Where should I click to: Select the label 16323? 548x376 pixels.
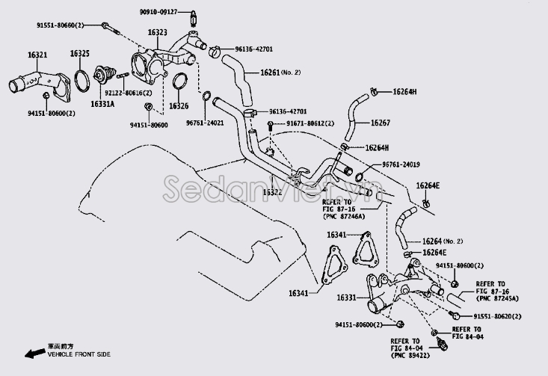(x=156, y=33)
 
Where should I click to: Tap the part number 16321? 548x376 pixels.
(x=37, y=55)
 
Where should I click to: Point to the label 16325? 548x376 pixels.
(x=80, y=54)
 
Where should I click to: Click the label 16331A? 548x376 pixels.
(x=102, y=103)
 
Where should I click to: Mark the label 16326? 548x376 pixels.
(x=179, y=106)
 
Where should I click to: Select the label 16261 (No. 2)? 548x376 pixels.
(x=280, y=73)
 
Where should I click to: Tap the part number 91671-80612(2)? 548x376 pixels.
(x=306, y=123)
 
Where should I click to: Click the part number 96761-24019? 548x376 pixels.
(x=401, y=164)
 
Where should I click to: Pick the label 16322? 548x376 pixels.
(x=271, y=192)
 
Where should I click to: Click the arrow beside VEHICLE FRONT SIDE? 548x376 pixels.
(x=31, y=351)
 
